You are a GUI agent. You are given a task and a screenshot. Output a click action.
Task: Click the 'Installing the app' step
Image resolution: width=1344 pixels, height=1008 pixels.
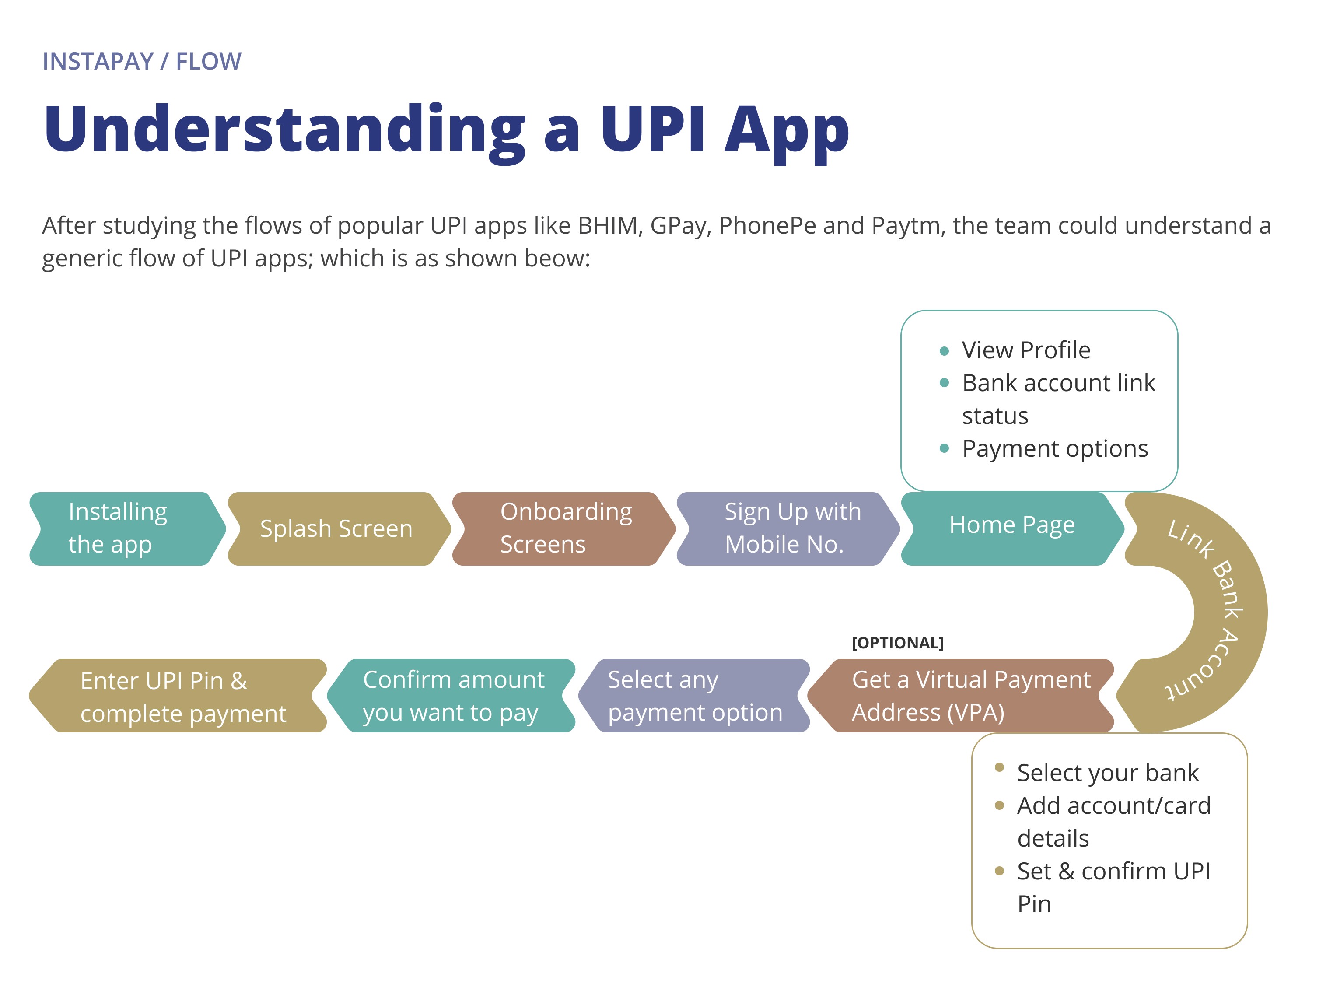pos(125,528)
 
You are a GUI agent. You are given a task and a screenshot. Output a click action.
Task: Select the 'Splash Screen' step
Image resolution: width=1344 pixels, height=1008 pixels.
pos(336,528)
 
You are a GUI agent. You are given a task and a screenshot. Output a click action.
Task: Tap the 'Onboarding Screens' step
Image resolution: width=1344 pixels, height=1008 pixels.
pos(565,528)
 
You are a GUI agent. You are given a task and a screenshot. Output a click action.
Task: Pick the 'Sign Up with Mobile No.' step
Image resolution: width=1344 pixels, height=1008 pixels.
pos(790,528)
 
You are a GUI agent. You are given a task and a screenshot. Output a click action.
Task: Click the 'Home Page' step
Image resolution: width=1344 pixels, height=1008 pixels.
pos(1011,525)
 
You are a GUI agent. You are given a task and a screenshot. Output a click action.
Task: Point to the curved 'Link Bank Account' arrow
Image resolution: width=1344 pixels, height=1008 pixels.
pos(1227,608)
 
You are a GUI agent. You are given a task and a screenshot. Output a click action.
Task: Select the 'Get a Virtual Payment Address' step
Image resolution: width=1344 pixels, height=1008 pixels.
pos(966,696)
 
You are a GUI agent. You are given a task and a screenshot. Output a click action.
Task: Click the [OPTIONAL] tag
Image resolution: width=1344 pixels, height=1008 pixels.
pos(897,643)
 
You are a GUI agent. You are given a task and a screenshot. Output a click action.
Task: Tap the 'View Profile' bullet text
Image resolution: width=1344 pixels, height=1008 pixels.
pos(1025,350)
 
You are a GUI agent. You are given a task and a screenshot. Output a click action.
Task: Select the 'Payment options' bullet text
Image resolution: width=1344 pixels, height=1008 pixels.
pos(1055,449)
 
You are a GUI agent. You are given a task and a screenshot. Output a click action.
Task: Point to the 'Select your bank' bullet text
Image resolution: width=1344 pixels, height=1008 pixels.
pos(1107,773)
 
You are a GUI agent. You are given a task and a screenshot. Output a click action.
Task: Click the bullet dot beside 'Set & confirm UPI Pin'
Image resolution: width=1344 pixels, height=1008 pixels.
pos(999,871)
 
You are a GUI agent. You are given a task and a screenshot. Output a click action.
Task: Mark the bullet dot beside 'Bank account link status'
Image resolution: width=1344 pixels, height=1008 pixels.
pos(944,383)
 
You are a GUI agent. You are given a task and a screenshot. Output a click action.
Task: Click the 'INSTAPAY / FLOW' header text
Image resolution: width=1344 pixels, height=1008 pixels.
pos(142,61)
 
